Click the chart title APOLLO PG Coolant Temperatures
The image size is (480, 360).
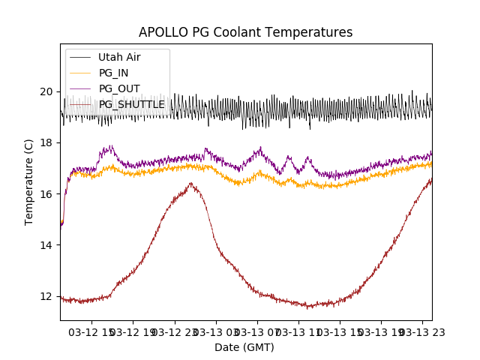point(245,32)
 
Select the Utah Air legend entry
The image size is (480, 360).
point(119,57)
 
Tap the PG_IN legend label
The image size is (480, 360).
point(113,73)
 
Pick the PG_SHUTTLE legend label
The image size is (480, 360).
point(132,104)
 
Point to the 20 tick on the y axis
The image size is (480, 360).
point(47,91)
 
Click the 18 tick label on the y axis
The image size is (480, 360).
point(47,142)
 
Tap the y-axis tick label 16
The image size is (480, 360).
point(47,193)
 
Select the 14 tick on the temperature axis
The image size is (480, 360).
point(47,245)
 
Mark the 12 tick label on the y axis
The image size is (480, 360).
point(47,296)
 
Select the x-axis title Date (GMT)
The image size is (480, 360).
point(244,347)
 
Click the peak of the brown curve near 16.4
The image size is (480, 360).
point(191,183)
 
